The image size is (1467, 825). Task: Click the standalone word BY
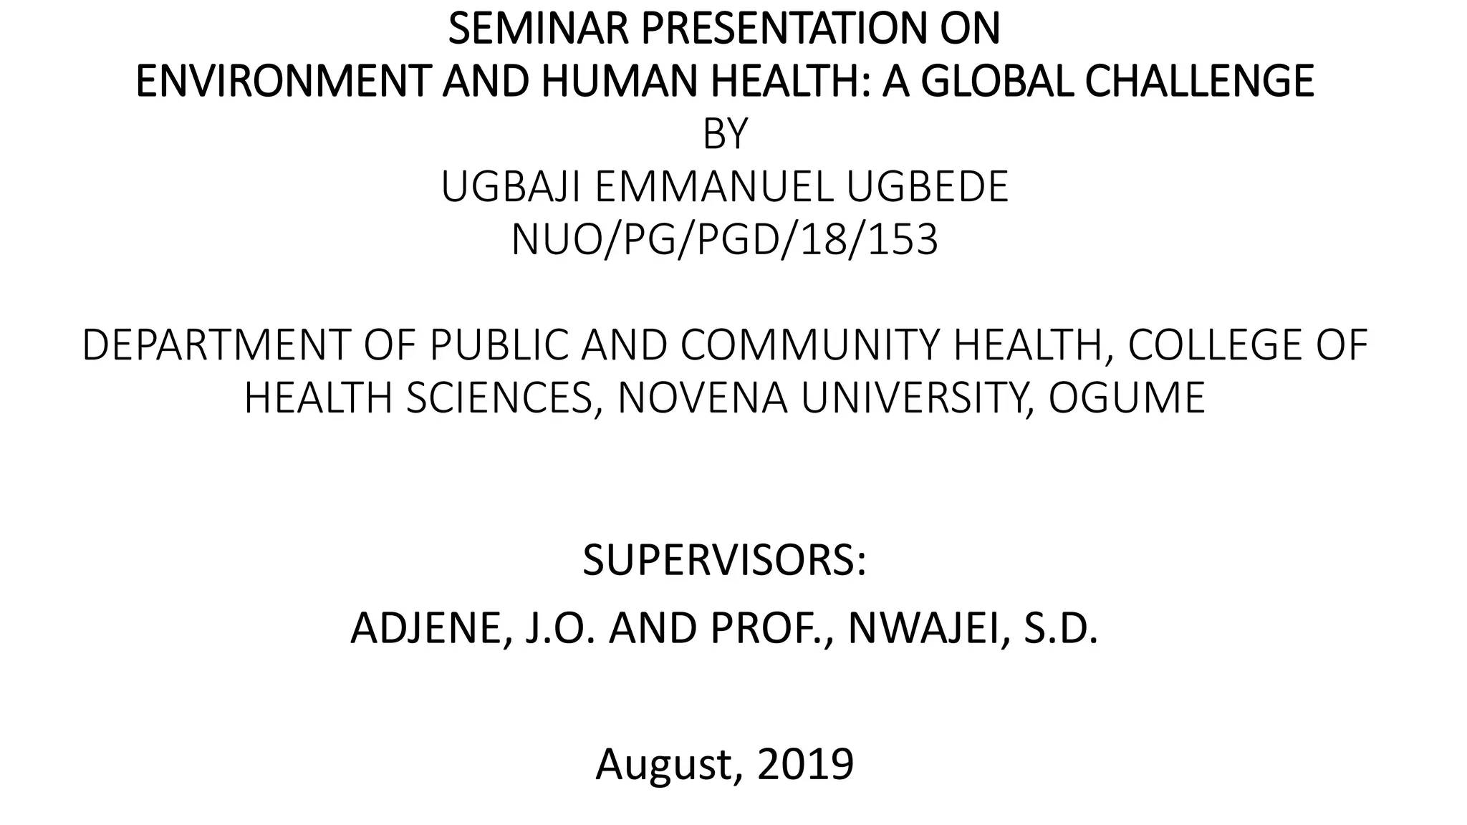pyautogui.click(x=725, y=134)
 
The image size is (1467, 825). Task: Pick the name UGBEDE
pyautogui.click(x=928, y=187)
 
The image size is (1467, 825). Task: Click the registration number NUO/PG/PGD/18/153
pyautogui.click(x=724, y=240)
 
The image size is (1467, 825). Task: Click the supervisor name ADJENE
pyautogui.click(x=427, y=628)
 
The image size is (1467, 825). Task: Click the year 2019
pyautogui.click(x=805, y=764)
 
